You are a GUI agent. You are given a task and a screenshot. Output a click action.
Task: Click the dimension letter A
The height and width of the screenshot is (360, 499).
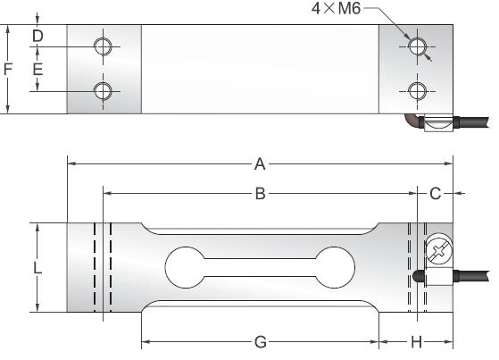[260, 163]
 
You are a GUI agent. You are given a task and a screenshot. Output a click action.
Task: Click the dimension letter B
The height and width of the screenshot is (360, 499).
[260, 193]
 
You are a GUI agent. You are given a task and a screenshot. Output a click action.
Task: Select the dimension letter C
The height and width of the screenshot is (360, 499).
[436, 193]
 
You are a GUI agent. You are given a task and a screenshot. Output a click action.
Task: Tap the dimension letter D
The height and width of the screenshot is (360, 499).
[37, 36]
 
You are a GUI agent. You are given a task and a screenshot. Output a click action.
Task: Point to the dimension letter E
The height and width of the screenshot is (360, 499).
[37, 69]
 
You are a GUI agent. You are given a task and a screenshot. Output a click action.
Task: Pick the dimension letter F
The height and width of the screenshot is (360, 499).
[8, 69]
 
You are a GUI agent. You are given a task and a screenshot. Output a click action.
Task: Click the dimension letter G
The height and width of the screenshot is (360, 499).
[260, 342]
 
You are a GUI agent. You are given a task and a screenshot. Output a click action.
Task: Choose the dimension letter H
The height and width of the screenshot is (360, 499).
[416, 342]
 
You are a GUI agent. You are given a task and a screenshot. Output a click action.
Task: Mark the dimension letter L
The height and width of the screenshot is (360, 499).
[37, 267]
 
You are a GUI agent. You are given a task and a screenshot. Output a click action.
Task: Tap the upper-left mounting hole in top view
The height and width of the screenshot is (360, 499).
[104, 46]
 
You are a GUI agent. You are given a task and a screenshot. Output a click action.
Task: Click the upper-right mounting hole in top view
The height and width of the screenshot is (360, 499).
[416, 46]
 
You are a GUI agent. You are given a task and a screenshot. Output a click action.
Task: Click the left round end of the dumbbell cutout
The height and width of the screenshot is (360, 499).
[185, 266]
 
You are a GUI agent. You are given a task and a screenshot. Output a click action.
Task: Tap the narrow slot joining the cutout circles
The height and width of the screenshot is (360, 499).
[260, 266]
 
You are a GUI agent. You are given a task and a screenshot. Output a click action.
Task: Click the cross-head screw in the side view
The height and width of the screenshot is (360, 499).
[438, 251]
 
